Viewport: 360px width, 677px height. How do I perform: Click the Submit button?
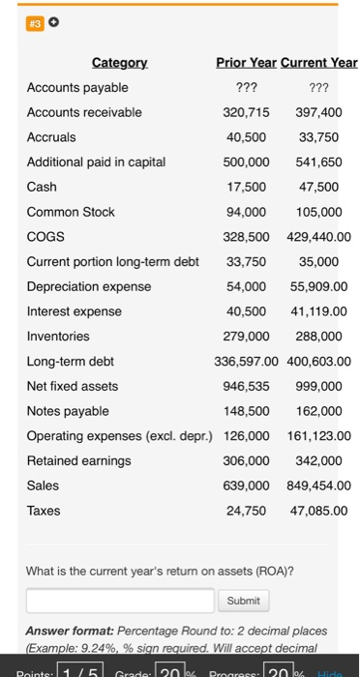tap(244, 601)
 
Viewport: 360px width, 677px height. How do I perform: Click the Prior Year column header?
tap(246, 64)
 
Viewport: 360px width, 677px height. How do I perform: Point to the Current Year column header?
tap(318, 64)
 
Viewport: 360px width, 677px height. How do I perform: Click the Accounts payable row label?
tap(71, 88)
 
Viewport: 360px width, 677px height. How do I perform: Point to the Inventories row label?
tap(58, 337)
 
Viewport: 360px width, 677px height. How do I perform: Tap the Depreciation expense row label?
tap(89, 286)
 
